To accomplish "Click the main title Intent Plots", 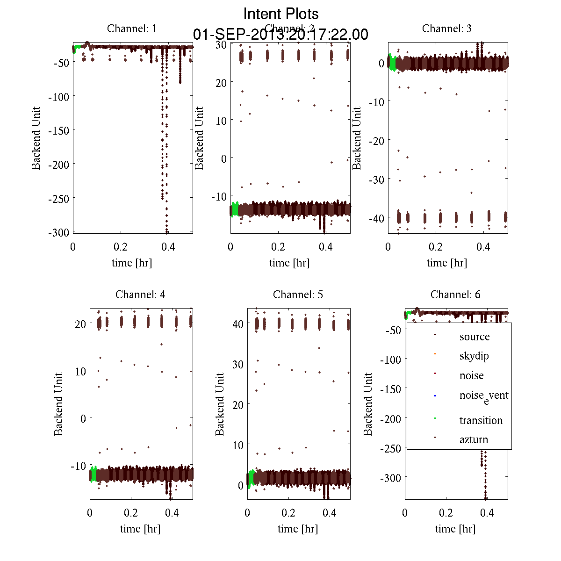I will (281, 14).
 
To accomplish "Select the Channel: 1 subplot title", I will (132, 29).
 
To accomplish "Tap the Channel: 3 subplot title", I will (447, 29).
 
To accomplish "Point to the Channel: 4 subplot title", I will (140, 295).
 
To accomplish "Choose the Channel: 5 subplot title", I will (298, 295).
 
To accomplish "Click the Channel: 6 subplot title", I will (455, 295).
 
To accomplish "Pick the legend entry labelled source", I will (475, 337).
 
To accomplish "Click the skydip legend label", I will (474, 356).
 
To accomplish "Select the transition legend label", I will (481, 420).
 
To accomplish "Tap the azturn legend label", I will (474, 439).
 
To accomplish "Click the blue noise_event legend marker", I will (435, 396).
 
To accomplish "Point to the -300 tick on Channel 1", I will (58, 232).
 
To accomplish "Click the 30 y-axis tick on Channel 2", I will (221, 44).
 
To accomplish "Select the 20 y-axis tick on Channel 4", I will (80, 324).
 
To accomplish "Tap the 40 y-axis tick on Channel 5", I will (238, 324).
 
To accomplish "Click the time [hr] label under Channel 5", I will (298, 529).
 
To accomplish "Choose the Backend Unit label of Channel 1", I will (36, 138).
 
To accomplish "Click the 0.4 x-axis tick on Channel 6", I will (487, 513).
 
